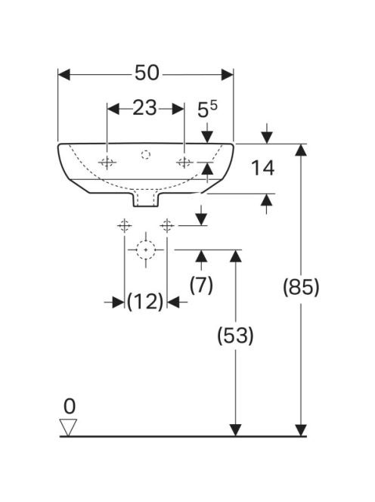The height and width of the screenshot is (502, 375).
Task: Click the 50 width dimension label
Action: pos(147,73)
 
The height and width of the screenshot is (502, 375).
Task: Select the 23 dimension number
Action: pos(144,108)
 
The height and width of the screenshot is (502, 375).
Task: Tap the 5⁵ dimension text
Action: pos(207,110)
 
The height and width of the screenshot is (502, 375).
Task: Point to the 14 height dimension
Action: pos(262,168)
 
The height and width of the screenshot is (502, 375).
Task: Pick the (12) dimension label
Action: pos(145,301)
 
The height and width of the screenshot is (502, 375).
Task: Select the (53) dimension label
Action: pos(235,336)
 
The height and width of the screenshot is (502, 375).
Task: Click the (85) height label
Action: pos(301,287)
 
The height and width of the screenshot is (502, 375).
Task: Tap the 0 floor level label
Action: pos(69,407)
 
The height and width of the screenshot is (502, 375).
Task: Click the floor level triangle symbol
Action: pos(68,427)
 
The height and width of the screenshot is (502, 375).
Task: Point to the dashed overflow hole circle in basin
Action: pos(146,155)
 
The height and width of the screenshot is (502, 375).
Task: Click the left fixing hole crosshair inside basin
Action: pos(107,163)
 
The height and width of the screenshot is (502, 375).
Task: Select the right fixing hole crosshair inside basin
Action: pos(184,163)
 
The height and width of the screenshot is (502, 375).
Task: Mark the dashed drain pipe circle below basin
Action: pos(146,249)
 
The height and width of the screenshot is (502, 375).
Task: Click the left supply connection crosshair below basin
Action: pos(124,226)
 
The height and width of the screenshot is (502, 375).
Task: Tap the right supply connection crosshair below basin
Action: pos(167,226)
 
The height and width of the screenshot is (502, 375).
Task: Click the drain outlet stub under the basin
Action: pos(146,199)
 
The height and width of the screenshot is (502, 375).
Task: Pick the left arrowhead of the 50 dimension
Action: pos(64,75)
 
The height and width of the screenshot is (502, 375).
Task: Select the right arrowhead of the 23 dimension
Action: pos(178,109)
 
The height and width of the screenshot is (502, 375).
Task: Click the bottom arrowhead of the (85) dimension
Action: pos(301,430)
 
